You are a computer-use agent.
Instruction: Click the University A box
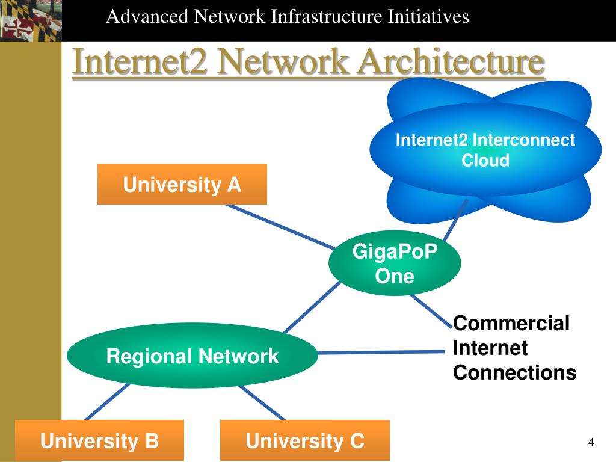(x=182, y=184)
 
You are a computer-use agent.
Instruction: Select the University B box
(x=99, y=440)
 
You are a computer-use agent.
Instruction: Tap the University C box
(x=304, y=440)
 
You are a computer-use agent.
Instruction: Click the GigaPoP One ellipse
(x=395, y=264)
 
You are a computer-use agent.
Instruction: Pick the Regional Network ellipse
(x=192, y=356)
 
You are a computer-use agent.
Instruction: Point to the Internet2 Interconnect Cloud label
(x=485, y=150)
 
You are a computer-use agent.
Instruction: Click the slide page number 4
(x=591, y=442)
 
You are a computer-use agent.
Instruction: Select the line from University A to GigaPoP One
(x=280, y=226)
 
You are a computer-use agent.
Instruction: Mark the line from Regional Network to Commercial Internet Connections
(x=385, y=351)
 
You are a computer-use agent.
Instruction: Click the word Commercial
(x=511, y=324)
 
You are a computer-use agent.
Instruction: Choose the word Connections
(x=514, y=372)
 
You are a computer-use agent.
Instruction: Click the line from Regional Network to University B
(x=108, y=401)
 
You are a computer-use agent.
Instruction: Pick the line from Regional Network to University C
(x=262, y=401)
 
